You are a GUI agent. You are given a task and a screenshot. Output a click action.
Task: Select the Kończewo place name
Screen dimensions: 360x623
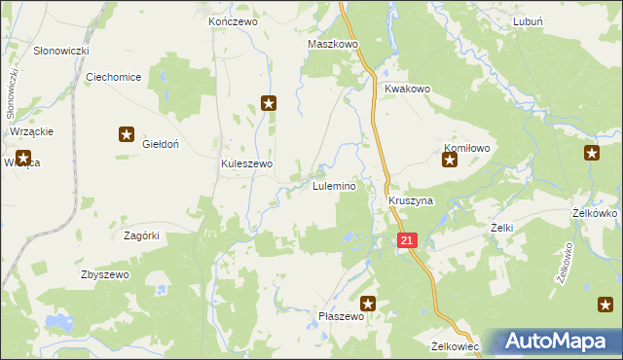click(232, 20)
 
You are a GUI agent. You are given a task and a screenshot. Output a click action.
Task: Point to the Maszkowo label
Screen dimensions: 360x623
click(333, 45)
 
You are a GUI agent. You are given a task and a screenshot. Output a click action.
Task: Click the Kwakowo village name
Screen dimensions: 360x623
click(407, 89)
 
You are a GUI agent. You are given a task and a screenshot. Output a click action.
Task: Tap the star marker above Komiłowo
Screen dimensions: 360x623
click(450, 161)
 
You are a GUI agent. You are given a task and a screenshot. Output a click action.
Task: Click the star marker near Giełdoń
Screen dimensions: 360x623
click(127, 135)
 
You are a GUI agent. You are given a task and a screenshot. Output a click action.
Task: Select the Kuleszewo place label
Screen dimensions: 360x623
click(246, 164)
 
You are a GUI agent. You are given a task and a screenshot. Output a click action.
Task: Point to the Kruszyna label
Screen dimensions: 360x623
click(410, 200)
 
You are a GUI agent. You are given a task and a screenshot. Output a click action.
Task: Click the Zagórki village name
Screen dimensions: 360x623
click(141, 235)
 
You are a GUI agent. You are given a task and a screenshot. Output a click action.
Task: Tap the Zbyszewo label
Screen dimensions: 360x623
click(104, 275)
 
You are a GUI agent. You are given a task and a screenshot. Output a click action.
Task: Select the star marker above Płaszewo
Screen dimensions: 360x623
click(368, 304)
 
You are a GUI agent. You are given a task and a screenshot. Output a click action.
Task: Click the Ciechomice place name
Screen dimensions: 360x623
click(114, 77)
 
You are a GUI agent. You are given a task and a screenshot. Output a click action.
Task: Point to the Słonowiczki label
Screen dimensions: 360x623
click(61, 50)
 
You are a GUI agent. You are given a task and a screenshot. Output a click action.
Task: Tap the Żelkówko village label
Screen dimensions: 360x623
click(596, 213)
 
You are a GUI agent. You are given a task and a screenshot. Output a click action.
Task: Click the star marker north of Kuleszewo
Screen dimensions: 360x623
click(270, 102)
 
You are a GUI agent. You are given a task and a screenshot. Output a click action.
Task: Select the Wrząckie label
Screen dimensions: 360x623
click(32, 131)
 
